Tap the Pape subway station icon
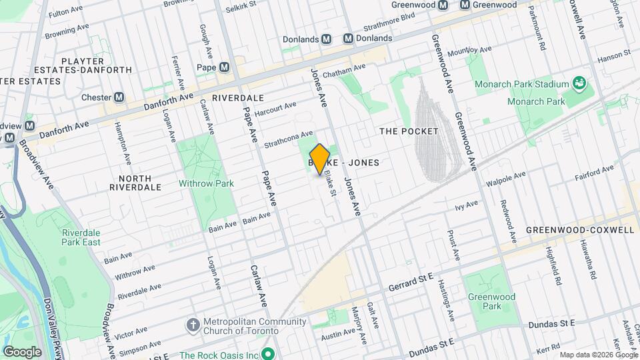pos(224,67)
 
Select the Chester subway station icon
pos(119,97)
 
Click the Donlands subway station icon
pos(327,39)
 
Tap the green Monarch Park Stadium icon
pos(579,84)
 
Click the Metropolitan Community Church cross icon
pos(193,325)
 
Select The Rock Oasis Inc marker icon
pos(269,353)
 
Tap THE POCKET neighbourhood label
pos(409,131)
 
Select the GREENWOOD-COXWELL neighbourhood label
pos(579,230)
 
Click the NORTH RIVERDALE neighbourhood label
pos(135,183)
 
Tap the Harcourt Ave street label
pos(275,109)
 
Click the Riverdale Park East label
pos(81,237)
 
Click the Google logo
pos(22,352)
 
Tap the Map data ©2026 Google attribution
pos(598,355)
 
